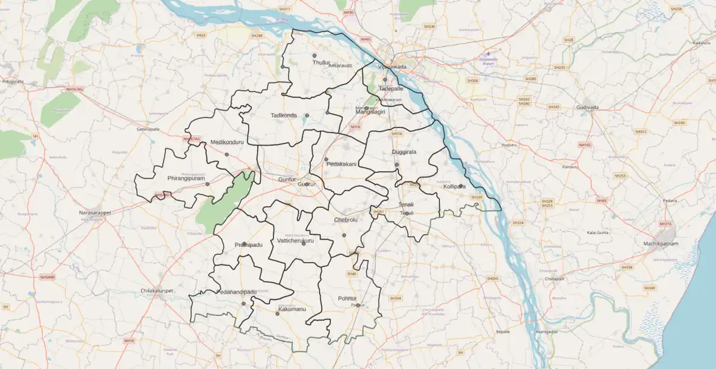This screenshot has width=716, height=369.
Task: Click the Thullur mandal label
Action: point(322,62)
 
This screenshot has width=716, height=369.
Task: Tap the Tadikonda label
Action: point(283,115)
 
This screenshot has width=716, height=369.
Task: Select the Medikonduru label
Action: point(228,143)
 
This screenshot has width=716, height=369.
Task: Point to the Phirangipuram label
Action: point(186,179)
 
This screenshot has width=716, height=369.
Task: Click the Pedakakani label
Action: point(341,164)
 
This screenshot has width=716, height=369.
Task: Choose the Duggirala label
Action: point(404,152)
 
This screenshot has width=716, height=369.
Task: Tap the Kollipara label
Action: point(454,187)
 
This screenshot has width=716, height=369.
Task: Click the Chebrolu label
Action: point(345,220)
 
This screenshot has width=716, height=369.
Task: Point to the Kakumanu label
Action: point(292,309)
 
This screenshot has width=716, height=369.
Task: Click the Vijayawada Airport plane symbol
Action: point(489,54)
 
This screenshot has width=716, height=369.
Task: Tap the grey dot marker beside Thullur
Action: point(314,56)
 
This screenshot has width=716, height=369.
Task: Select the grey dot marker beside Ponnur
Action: point(358,305)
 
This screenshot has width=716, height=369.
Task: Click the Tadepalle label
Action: point(391,88)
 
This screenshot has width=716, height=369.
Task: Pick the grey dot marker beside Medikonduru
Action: point(227,155)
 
